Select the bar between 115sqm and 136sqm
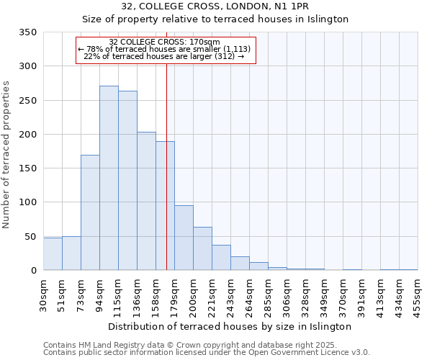point(127,181)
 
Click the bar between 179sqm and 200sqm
point(184,238)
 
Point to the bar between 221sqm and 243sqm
point(221,258)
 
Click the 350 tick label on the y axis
point(27,32)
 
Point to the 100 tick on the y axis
point(27,202)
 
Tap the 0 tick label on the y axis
point(33,271)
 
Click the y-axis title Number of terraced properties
point(6,155)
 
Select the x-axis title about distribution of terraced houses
point(230,326)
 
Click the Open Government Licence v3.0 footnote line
point(207,352)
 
